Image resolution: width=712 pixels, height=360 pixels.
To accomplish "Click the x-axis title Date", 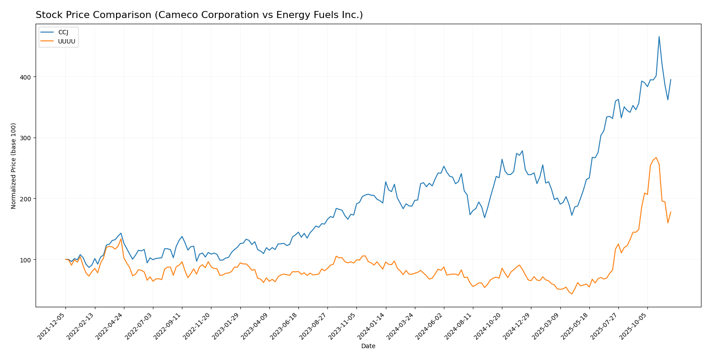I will point(368,346).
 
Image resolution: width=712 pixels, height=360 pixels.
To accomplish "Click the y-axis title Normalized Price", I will point(14,166).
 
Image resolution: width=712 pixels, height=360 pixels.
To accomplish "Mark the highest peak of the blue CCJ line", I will point(659,36).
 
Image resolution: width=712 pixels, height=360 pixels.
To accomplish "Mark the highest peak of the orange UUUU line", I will point(656,157).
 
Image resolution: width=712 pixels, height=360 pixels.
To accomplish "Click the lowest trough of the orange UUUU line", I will point(572,294).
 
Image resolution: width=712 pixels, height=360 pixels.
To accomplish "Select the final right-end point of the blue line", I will point(671,80).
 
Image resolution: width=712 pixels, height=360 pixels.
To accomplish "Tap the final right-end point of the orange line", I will point(671,212).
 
